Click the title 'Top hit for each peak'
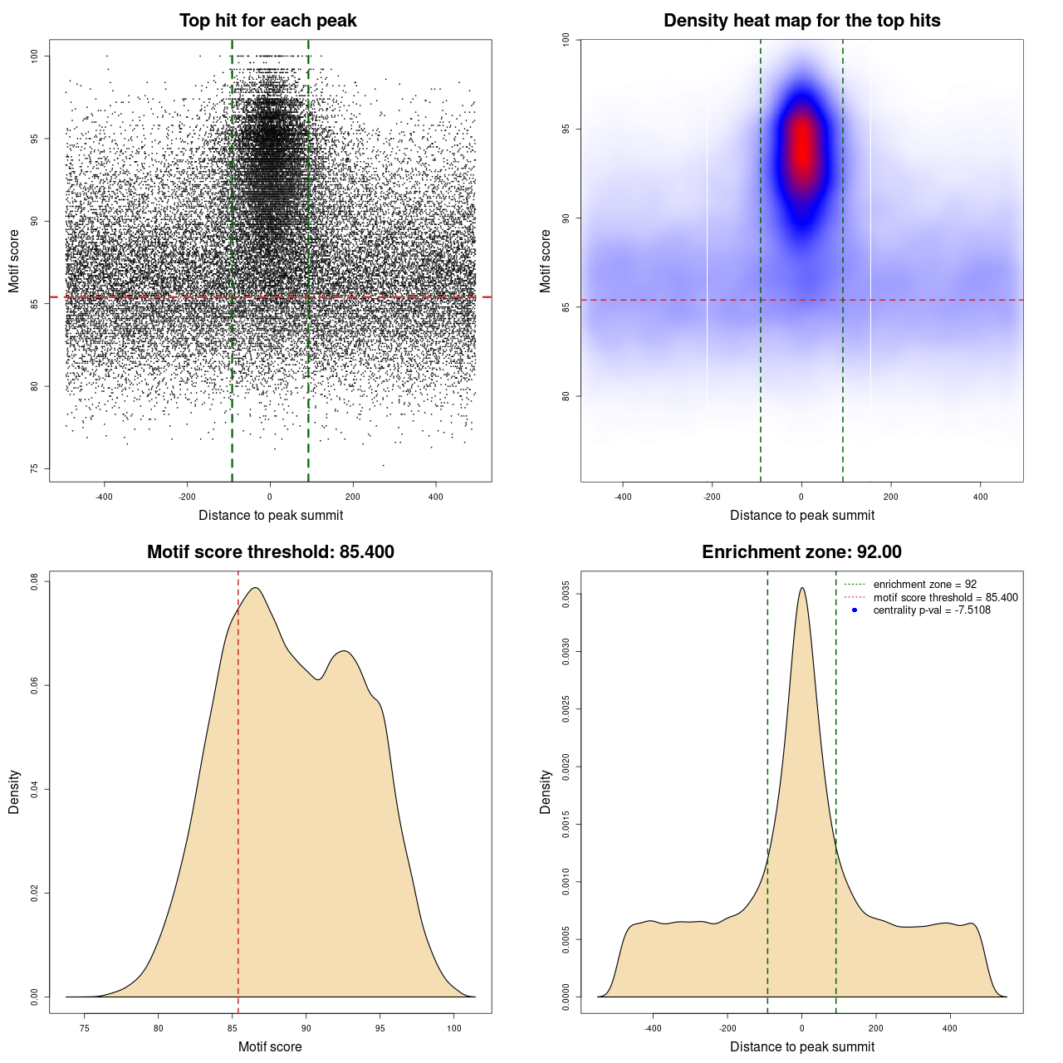click(267, 21)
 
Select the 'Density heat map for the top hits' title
click(801, 21)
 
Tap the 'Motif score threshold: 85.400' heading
click(270, 552)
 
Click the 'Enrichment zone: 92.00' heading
click(801, 552)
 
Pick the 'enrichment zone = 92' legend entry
click(924, 585)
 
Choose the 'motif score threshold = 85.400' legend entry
click(945, 597)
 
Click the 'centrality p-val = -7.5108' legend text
click(932, 610)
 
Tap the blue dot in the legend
click(855, 610)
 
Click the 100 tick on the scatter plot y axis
click(35, 56)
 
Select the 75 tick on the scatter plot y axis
click(35, 469)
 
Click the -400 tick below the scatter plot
click(104, 497)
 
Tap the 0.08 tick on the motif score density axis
click(35, 582)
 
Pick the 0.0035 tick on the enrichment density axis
click(566, 595)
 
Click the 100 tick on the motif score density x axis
click(453, 1028)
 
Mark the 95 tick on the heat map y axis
click(566, 129)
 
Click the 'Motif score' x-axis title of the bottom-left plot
click(270, 1046)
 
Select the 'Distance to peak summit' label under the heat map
click(801, 515)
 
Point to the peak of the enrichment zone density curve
click(801, 588)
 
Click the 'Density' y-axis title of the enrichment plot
click(546, 791)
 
